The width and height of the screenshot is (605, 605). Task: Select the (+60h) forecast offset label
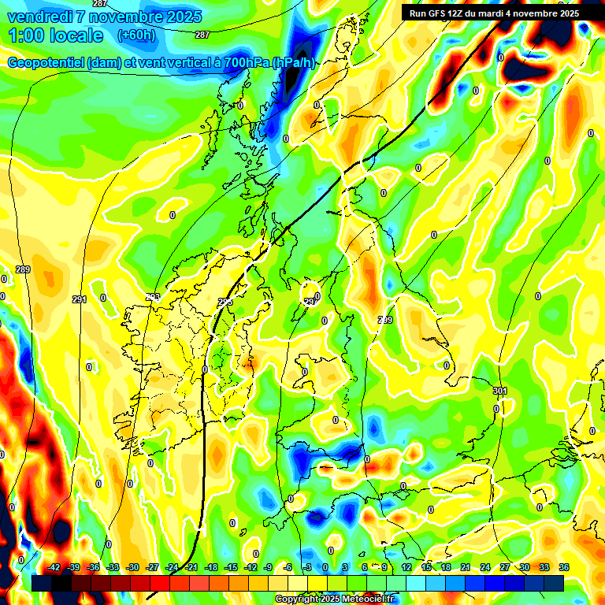click(x=135, y=35)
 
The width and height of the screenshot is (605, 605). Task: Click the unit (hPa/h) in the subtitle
click(x=293, y=63)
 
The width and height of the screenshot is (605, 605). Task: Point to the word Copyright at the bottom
click(x=297, y=599)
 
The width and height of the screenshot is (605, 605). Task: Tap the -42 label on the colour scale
click(x=54, y=568)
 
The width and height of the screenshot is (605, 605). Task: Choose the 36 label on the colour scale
click(x=563, y=568)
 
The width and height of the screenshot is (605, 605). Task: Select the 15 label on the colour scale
click(x=426, y=568)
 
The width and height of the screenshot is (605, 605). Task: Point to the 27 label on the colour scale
click(x=504, y=568)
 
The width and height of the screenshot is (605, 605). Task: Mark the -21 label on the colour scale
click(x=191, y=568)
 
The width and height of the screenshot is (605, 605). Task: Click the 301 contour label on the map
click(x=499, y=391)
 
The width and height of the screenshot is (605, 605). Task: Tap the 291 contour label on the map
click(x=79, y=299)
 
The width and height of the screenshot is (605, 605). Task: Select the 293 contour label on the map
click(x=153, y=296)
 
